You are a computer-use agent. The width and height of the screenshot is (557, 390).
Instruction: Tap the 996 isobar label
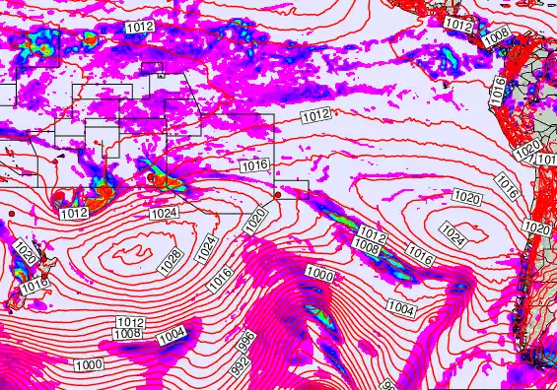click(x=247, y=339)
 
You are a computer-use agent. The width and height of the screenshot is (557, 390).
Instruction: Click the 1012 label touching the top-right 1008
click(x=458, y=24)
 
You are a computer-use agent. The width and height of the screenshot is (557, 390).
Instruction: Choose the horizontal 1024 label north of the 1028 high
click(x=164, y=214)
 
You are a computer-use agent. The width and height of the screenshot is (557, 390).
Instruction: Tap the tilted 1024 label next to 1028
click(x=205, y=246)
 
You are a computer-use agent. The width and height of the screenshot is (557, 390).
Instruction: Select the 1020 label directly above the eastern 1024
click(x=467, y=199)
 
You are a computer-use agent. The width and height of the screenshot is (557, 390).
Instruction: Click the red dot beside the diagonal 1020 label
click(x=277, y=195)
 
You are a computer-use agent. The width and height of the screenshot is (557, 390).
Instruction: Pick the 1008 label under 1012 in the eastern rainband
click(x=367, y=245)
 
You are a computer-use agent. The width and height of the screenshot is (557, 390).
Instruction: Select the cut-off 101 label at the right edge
click(x=548, y=159)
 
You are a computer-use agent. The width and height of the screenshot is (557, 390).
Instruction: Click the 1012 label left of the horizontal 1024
click(x=75, y=214)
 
